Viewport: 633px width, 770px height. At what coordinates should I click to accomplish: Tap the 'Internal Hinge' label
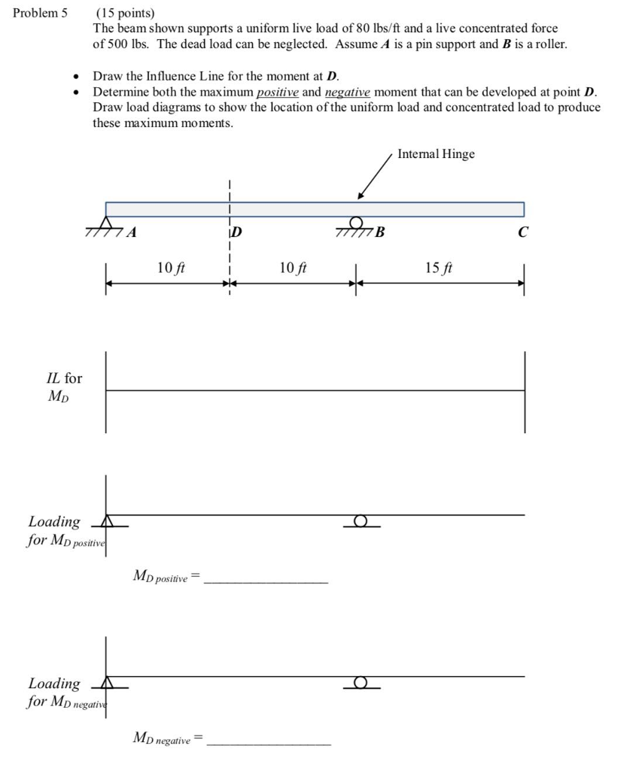point(436,153)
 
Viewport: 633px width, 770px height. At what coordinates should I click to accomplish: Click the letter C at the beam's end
point(523,232)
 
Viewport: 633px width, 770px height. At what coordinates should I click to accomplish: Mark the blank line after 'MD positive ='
point(266,582)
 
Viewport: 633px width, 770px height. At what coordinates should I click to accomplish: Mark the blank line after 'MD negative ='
point(268,744)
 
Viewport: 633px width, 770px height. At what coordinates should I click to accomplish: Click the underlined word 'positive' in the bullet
point(277,92)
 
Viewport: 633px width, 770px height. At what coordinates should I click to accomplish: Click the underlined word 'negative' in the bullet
point(347,92)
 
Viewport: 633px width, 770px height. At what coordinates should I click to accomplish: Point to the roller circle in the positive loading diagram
point(361,520)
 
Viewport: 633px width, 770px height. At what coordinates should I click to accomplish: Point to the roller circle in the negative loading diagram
point(361,682)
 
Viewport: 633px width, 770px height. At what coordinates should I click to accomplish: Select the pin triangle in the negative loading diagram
point(107,682)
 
